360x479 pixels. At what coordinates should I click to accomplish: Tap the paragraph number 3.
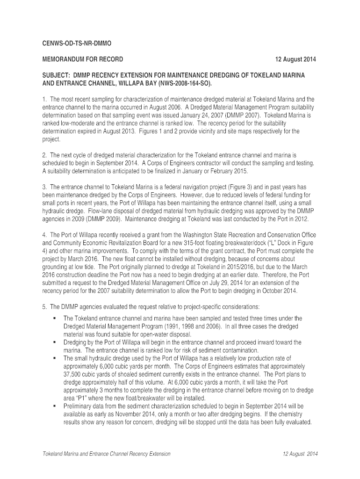44,187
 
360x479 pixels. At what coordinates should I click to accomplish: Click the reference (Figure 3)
244,187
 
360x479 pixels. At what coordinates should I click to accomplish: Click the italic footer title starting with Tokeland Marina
107,454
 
